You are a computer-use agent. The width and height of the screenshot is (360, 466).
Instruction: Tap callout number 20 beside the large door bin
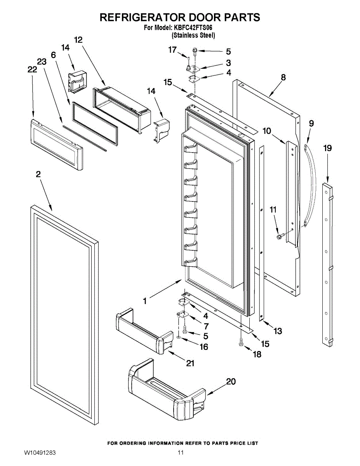click(231, 382)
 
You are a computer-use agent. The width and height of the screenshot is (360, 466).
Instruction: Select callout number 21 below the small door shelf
click(190, 363)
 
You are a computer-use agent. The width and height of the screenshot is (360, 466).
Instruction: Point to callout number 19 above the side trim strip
click(327, 148)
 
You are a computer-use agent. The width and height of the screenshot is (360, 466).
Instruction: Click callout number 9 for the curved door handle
click(311, 123)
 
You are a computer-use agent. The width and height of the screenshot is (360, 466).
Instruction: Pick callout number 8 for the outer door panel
click(283, 77)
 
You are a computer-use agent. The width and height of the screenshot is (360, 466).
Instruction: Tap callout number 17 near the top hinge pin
click(172, 50)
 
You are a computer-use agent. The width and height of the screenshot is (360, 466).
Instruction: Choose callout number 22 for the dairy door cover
click(32, 69)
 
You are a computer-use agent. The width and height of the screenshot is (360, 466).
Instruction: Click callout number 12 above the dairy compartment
click(78, 40)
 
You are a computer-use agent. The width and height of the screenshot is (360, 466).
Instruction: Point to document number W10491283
click(40, 453)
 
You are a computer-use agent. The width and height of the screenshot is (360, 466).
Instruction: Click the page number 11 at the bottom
click(181, 453)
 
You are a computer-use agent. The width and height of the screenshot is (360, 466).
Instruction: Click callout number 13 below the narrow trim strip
click(278, 331)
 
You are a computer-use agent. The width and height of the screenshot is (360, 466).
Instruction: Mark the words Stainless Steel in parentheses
click(193, 35)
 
